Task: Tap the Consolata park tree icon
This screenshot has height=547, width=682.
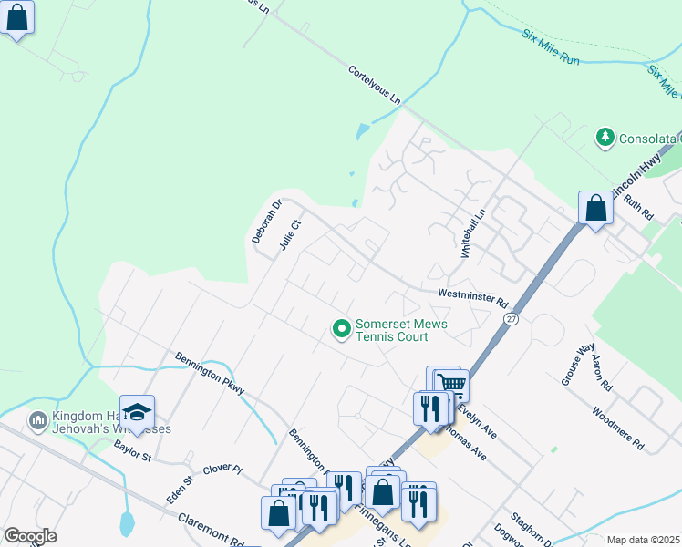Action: click(604, 139)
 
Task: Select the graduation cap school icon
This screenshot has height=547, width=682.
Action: click(137, 412)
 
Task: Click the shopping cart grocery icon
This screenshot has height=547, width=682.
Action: click(450, 385)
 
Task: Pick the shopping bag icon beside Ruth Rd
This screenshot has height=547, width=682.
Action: click(595, 208)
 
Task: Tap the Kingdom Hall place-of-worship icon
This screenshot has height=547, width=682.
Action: click(37, 420)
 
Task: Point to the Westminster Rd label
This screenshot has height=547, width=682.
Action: click(472, 297)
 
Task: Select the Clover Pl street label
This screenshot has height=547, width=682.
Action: click(222, 469)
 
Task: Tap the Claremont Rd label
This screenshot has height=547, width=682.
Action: click(211, 532)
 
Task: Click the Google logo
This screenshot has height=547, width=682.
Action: click(30, 536)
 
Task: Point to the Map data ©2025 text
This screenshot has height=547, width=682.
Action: click(642, 540)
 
